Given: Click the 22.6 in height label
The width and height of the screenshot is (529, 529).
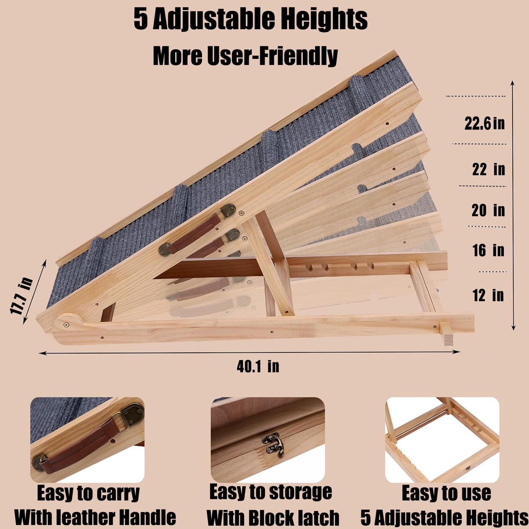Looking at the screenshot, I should [x=484, y=123].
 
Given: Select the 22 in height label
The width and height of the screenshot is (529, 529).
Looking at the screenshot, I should [x=488, y=169].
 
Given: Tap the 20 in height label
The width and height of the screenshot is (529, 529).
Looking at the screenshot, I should [x=488, y=210].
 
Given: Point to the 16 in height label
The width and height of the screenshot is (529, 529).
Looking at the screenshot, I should [x=488, y=250].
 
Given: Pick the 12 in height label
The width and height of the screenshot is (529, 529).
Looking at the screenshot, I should [x=488, y=295].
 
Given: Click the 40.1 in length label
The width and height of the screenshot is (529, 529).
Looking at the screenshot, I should [x=258, y=366].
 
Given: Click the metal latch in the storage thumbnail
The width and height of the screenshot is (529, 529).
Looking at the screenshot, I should [x=273, y=443].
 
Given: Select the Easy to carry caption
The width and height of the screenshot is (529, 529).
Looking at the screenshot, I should [x=88, y=493].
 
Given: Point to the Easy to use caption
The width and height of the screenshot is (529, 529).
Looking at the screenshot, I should [x=446, y=493].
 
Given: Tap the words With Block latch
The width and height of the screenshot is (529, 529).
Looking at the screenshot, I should [x=273, y=518].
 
